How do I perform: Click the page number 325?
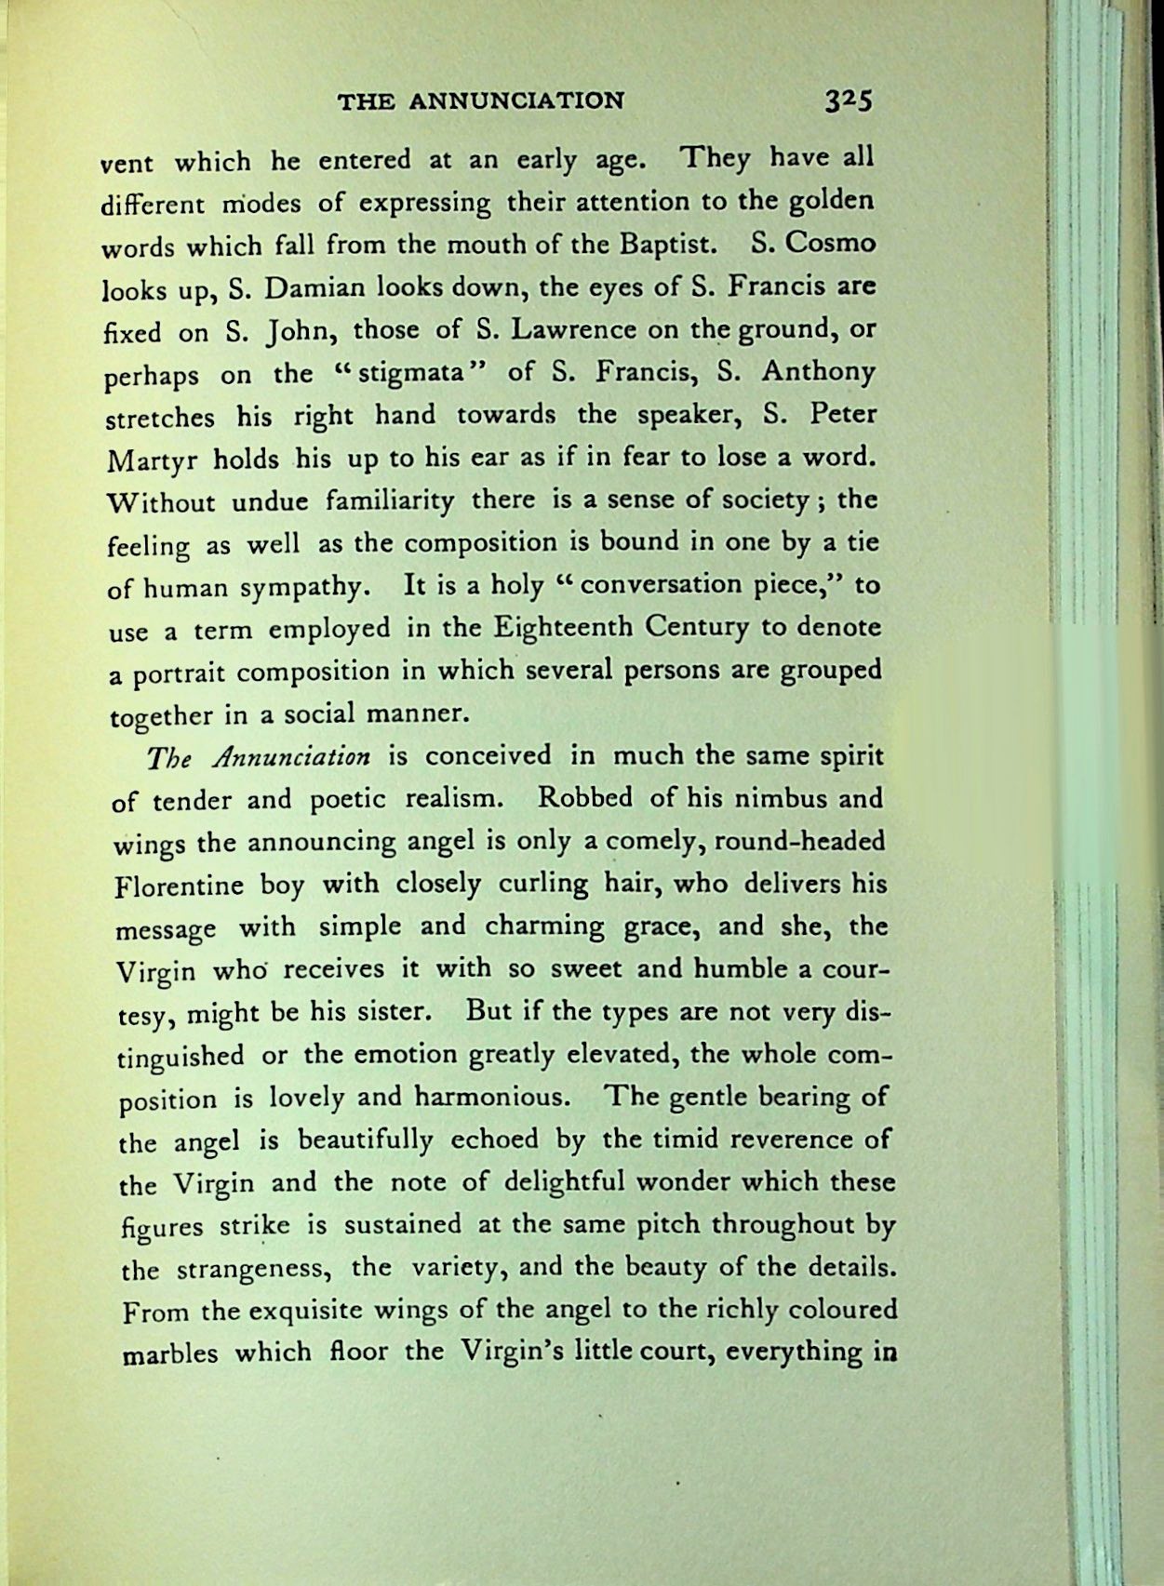846,100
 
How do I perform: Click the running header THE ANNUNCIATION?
481,100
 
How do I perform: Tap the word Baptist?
666,245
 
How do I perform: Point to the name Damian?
313,288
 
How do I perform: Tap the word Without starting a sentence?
162,502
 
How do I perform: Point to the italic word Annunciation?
290,756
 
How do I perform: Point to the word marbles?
170,1353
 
